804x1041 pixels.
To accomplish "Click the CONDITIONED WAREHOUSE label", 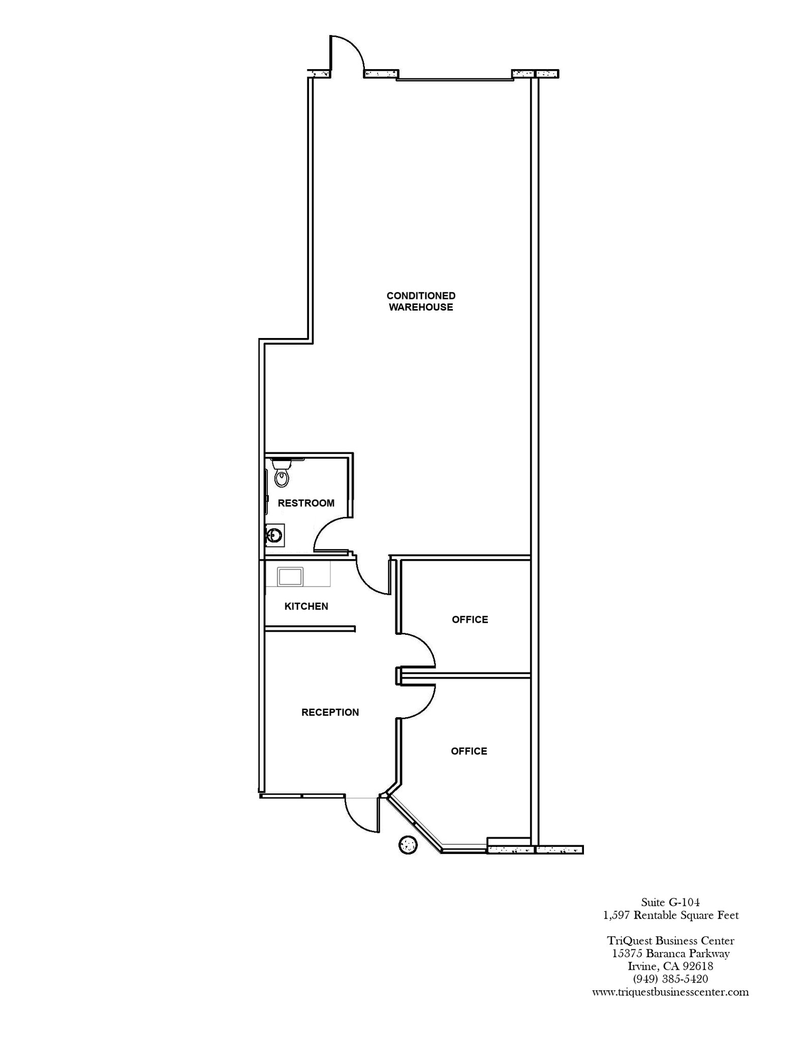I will coord(421,301).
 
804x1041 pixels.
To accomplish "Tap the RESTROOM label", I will coord(306,503).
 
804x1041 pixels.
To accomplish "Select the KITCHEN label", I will coord(306,606).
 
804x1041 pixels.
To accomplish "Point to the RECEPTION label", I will coord(330,713).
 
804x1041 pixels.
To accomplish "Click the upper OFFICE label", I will coord(470,620).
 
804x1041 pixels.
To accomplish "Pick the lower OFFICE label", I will coord(469,751).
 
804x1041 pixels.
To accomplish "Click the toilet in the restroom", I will coord(281,473).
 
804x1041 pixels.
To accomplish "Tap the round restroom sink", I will coord(274,535).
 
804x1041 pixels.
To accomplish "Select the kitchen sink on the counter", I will coord(290,577).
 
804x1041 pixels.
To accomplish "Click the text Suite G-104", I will coord(670,902).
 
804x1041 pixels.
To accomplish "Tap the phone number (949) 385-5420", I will coord(670,978).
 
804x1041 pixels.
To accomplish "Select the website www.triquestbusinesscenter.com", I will coord(670,992).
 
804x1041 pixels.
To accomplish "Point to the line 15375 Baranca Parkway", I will coord(670,954).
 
